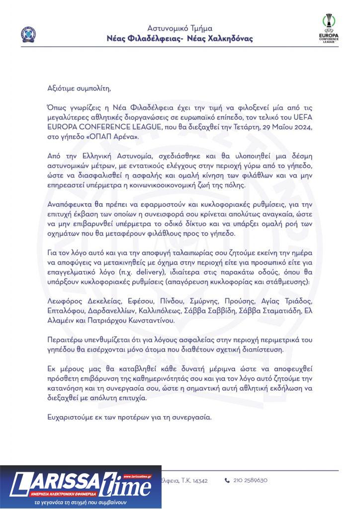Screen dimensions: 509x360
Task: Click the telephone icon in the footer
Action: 227,481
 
